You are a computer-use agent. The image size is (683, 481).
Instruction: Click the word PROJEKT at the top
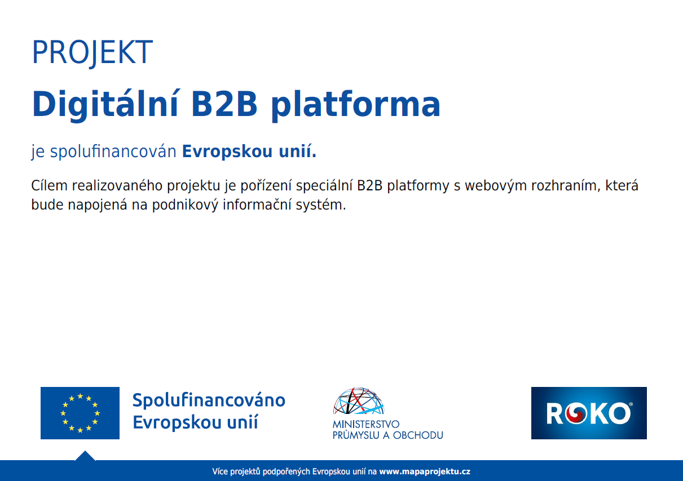[x=92, y=52]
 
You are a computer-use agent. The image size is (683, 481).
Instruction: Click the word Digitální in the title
[x=105, y=105]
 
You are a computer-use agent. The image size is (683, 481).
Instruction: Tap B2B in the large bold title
[x=224, y=104]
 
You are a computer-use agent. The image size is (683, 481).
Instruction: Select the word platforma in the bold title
[x=355, y=105]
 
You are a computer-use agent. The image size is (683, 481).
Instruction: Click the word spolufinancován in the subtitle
[x=113, y=152]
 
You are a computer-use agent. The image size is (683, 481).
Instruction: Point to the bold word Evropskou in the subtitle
[x=227, y=152]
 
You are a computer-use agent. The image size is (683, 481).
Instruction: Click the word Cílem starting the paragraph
[x=49, y=185]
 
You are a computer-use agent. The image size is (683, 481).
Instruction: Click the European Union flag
[x=80, y=413]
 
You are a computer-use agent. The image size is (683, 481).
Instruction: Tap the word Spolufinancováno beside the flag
[x=209, y=400]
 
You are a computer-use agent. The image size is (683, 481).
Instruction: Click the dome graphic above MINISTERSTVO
[x=358, y=400]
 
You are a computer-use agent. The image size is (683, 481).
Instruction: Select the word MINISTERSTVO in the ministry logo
[x=366, y=424]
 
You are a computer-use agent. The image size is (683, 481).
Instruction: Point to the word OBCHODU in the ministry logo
[x=418, y=435]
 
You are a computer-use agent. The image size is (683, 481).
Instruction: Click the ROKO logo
[x=589, y=413]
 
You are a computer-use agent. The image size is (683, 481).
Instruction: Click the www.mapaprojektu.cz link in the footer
[x=425, y=471]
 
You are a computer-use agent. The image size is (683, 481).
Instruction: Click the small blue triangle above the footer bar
[x=85, y=456]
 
